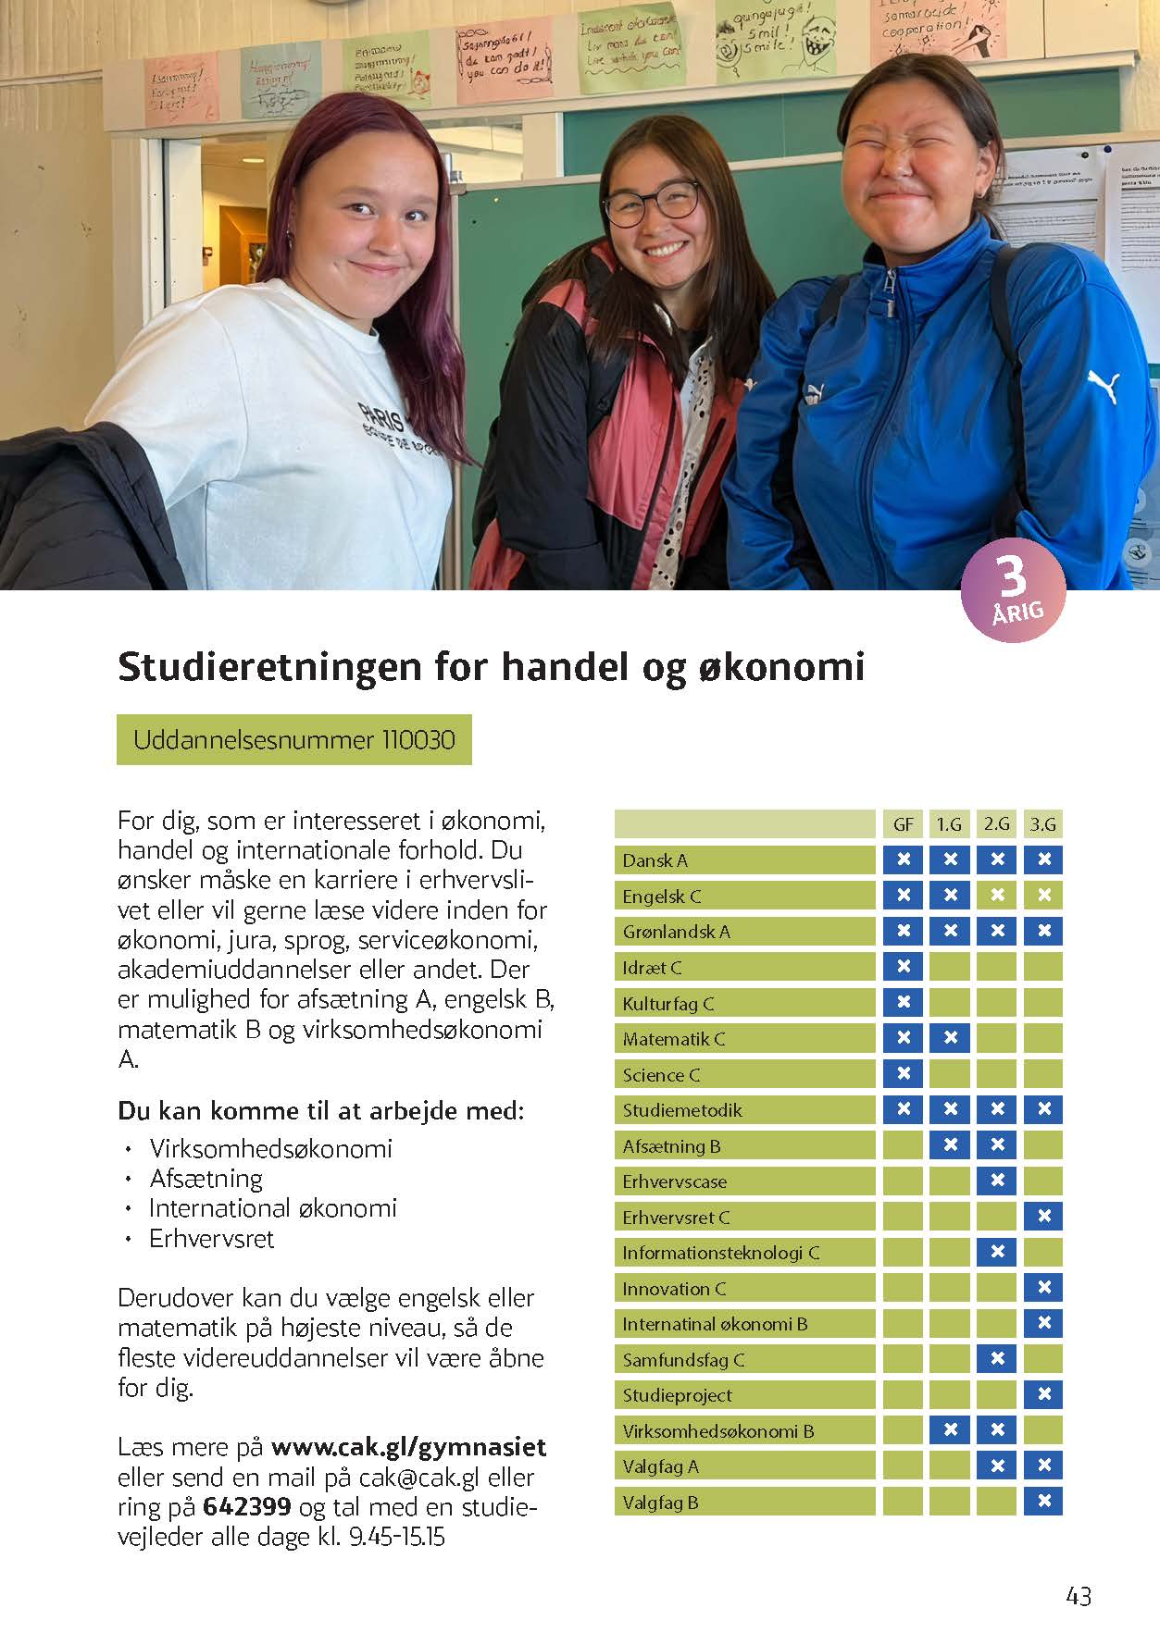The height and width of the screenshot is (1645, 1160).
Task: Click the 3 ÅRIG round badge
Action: (x=1013, y=589)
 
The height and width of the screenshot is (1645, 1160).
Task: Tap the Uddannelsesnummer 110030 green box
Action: (x=293, y=740)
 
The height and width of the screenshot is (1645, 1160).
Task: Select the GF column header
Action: (x=903, y=823)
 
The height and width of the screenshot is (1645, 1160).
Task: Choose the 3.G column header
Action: (x=1043, y=823)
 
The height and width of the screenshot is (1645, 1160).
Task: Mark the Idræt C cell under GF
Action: (x=903, y=967)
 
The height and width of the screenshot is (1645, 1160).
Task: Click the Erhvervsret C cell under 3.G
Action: (x=1043, y=1217)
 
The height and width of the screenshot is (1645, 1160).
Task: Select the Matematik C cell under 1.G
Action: (x=950, y=1038)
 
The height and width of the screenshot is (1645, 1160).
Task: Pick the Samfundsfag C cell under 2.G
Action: (x=997, y=1359)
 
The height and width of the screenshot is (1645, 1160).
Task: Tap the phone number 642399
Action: (x=247, y=1507)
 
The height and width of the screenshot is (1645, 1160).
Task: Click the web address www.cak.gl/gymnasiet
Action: (x=408, y=1447)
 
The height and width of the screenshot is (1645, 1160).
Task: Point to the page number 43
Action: (x=1079, y=1596)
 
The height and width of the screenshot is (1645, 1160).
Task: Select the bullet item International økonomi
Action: (x=273, y=1208)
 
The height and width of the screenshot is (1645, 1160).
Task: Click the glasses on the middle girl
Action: (x=651, y=201)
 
